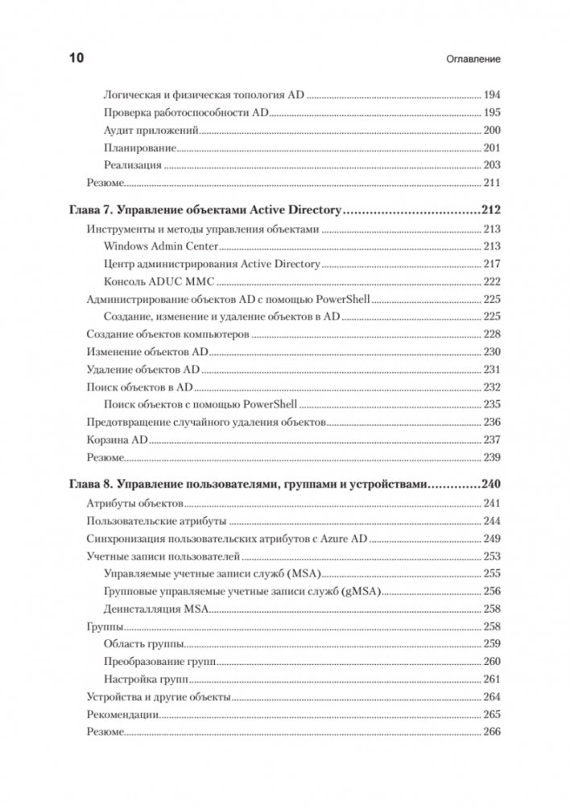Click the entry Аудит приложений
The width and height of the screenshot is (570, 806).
pos(151,130)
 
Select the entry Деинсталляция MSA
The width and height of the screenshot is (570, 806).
pos(156,609)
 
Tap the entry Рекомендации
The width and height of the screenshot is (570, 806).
pos(121,714)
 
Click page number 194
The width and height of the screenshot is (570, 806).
pos(492,94)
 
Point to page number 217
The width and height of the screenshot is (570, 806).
pos(492,264)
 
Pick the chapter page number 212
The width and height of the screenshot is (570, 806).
pos(491,211)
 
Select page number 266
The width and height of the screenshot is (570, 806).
pos(492,732)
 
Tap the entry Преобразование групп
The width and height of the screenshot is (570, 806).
pos(161,661)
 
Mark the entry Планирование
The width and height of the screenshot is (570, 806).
pos(140,147)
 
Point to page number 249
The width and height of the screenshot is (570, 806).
pos(492,539)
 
